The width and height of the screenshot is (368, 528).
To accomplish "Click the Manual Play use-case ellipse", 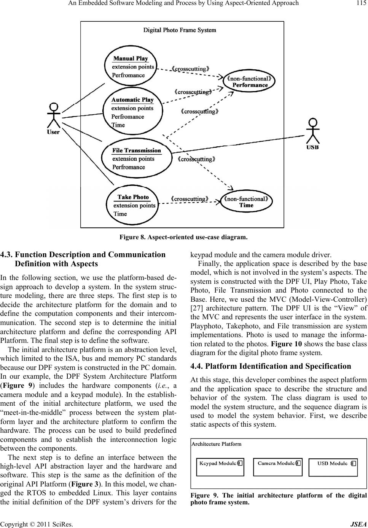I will coord(130,67).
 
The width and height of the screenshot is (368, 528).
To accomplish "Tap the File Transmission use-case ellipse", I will coord(137,158).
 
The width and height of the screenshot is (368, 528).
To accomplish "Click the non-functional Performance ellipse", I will coord(249,82).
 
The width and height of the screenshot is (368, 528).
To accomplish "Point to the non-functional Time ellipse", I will coord(246,202).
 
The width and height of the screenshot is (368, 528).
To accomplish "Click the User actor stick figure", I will coord(54,116).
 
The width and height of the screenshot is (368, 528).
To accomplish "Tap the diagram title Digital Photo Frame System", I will coord(180,30).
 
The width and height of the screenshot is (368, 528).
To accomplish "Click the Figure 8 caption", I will coord(183,237).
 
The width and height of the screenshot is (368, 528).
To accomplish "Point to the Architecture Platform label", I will coord(216,444).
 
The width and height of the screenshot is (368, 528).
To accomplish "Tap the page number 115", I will coord(360,3).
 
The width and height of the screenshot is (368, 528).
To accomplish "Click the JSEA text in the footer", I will coord(360,523).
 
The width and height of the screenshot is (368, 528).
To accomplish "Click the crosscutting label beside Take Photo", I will coord(190,199).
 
